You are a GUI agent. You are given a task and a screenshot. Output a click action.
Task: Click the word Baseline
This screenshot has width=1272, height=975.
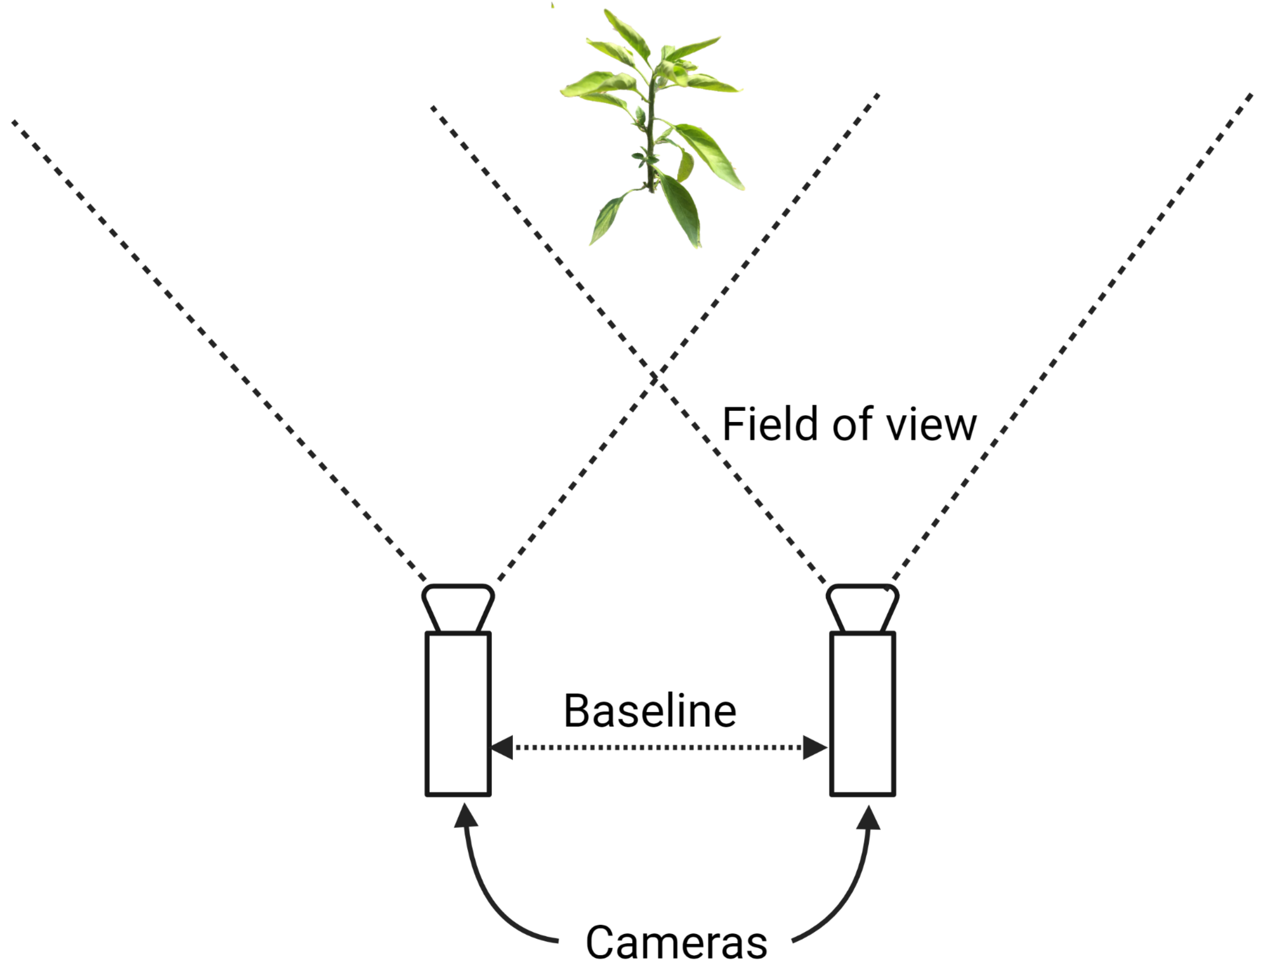point(650,712)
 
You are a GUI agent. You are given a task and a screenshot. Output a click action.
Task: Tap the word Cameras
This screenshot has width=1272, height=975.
point(676,942)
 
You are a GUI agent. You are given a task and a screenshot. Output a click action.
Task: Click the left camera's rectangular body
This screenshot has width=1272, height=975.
point(458,714)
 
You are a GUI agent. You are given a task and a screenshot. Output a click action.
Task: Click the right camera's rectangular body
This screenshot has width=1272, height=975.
point(862,714)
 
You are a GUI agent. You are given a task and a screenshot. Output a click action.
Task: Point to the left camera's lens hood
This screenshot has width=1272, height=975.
point(458,607)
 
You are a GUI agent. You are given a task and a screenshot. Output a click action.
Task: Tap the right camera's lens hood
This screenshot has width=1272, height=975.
point(862,607)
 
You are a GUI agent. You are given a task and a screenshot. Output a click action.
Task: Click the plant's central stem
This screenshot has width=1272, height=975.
point(651,133)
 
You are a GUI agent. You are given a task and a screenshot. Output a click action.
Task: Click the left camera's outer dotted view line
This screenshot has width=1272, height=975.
point(221,348)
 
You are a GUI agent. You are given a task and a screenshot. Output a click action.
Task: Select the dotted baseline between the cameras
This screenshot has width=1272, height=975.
point(658,747)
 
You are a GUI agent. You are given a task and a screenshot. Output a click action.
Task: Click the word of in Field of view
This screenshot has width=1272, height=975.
point(853,424)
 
